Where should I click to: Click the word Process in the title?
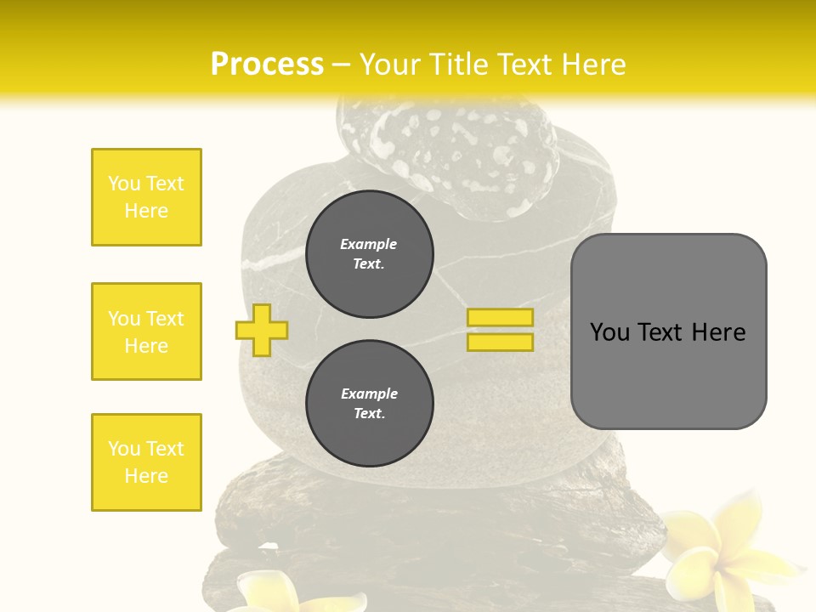tap(267, 65)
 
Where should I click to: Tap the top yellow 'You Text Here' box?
tap(146, 197)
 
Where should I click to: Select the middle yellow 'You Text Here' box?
tap(146, 331)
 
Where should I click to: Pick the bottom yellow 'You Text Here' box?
tap(146, 462)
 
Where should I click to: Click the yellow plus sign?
tap(262, 329)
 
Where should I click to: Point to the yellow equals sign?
tap(500, 330)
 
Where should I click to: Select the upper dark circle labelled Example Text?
tap(369, 253)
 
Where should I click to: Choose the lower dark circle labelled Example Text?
tap(369, 403)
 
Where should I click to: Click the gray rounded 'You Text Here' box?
tap(668, 331)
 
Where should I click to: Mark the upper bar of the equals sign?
tap(500, 318)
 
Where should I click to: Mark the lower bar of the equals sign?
tap(500, 342)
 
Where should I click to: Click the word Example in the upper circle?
tap(369, 244)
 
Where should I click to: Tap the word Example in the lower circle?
tap(369, 394)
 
